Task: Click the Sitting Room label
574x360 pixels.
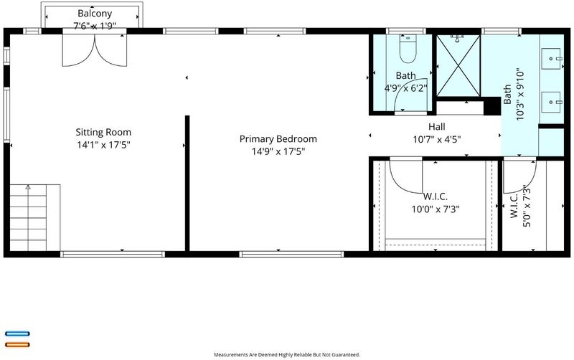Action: click(103, 132)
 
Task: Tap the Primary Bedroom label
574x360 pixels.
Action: click(278, 139)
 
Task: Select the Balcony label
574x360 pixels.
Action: click(95, 14)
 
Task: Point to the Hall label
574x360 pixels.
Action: click(437, 127)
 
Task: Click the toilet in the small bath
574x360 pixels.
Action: click(408, 49)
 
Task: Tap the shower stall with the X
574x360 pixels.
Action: click(458, 66)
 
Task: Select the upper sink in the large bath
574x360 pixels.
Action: click(550, 59)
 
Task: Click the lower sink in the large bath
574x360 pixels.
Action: click(550, 102)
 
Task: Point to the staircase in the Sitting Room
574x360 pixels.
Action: click(34, 218)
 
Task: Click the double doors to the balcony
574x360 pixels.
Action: click(95, 50)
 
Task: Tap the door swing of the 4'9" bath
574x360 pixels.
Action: click(410, 95)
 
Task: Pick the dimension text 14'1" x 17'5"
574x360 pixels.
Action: click(103, 145)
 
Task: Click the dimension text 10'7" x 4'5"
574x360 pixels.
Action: click(437, 139)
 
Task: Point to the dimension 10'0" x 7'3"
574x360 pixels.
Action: click(436, 209)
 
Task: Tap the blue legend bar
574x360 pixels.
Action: click(17, 333)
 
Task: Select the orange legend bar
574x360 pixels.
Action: click(17, 345)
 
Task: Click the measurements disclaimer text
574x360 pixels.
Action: click(286, 354)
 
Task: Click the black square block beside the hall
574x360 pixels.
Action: click(492, 106)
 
